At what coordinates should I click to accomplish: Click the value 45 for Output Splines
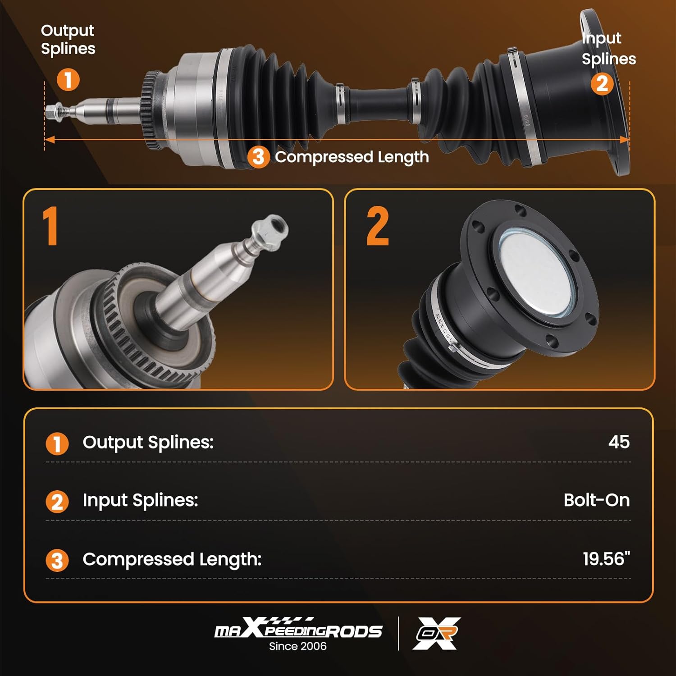coord(619,442)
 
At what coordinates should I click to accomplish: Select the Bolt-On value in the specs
coord(596,500)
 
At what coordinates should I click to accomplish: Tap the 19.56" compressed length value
coord(606,559)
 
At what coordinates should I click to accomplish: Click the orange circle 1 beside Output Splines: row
coord(57,443)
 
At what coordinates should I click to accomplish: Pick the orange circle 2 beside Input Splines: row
coord(57,502)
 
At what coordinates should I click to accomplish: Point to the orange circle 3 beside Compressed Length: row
coord(57,561)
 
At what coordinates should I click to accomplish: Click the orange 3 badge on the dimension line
coord(258,157)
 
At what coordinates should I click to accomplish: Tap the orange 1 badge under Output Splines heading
coord(68,80)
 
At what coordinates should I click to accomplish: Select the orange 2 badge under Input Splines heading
coord(602,84)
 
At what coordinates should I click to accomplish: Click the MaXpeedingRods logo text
coord(298,630)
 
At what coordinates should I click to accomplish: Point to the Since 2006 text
coord(298,646)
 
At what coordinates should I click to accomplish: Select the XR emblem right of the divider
coord(436,633)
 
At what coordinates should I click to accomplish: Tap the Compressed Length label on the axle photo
coord(352,157)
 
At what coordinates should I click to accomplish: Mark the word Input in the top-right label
coord(601,38)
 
